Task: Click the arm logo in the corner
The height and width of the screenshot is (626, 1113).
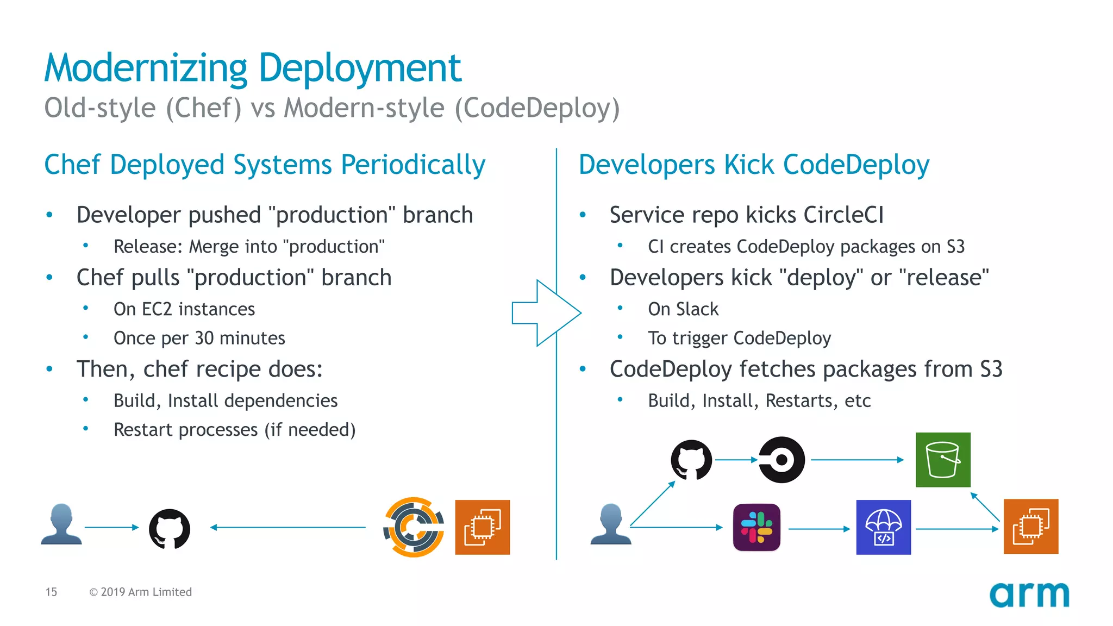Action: pos(1029,595)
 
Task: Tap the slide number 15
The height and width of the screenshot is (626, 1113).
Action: pos(51,592)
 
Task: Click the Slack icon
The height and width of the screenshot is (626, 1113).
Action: pos(756,527)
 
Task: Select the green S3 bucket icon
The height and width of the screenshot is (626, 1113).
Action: pos(943,460)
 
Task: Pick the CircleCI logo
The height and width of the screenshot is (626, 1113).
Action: pos(781,460)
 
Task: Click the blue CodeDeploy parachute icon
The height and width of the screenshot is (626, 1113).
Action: pos(883,527)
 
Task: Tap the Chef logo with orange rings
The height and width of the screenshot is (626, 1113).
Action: pos(414,527)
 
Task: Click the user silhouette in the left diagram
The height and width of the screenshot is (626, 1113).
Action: pos(61,524)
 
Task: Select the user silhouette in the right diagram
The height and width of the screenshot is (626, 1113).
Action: pos(611,524)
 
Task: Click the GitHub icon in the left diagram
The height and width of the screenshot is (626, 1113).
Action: pos(170,528)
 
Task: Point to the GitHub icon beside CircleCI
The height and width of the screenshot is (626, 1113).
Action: pos(691,460)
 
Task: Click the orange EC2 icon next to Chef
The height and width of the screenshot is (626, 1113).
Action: pos(482,527)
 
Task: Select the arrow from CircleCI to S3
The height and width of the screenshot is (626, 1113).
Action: pos(857,460)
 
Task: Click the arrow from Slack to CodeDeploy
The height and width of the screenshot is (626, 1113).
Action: pos(818,528)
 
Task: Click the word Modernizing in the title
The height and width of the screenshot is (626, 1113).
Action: pos(146,68)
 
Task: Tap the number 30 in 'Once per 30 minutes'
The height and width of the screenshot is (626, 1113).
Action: pos(204,338)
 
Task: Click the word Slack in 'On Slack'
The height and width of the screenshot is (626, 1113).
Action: pos(697,309)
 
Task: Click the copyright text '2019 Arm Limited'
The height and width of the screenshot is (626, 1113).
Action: pos(146,592)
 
